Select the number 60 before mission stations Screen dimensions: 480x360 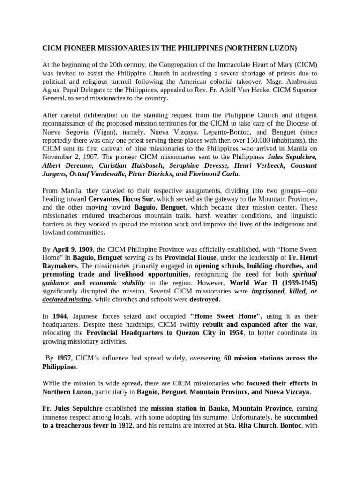228,358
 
